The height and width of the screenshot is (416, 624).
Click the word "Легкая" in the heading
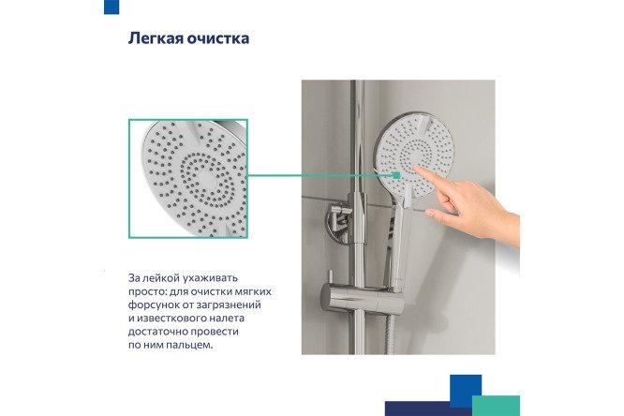tap(154, 40)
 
